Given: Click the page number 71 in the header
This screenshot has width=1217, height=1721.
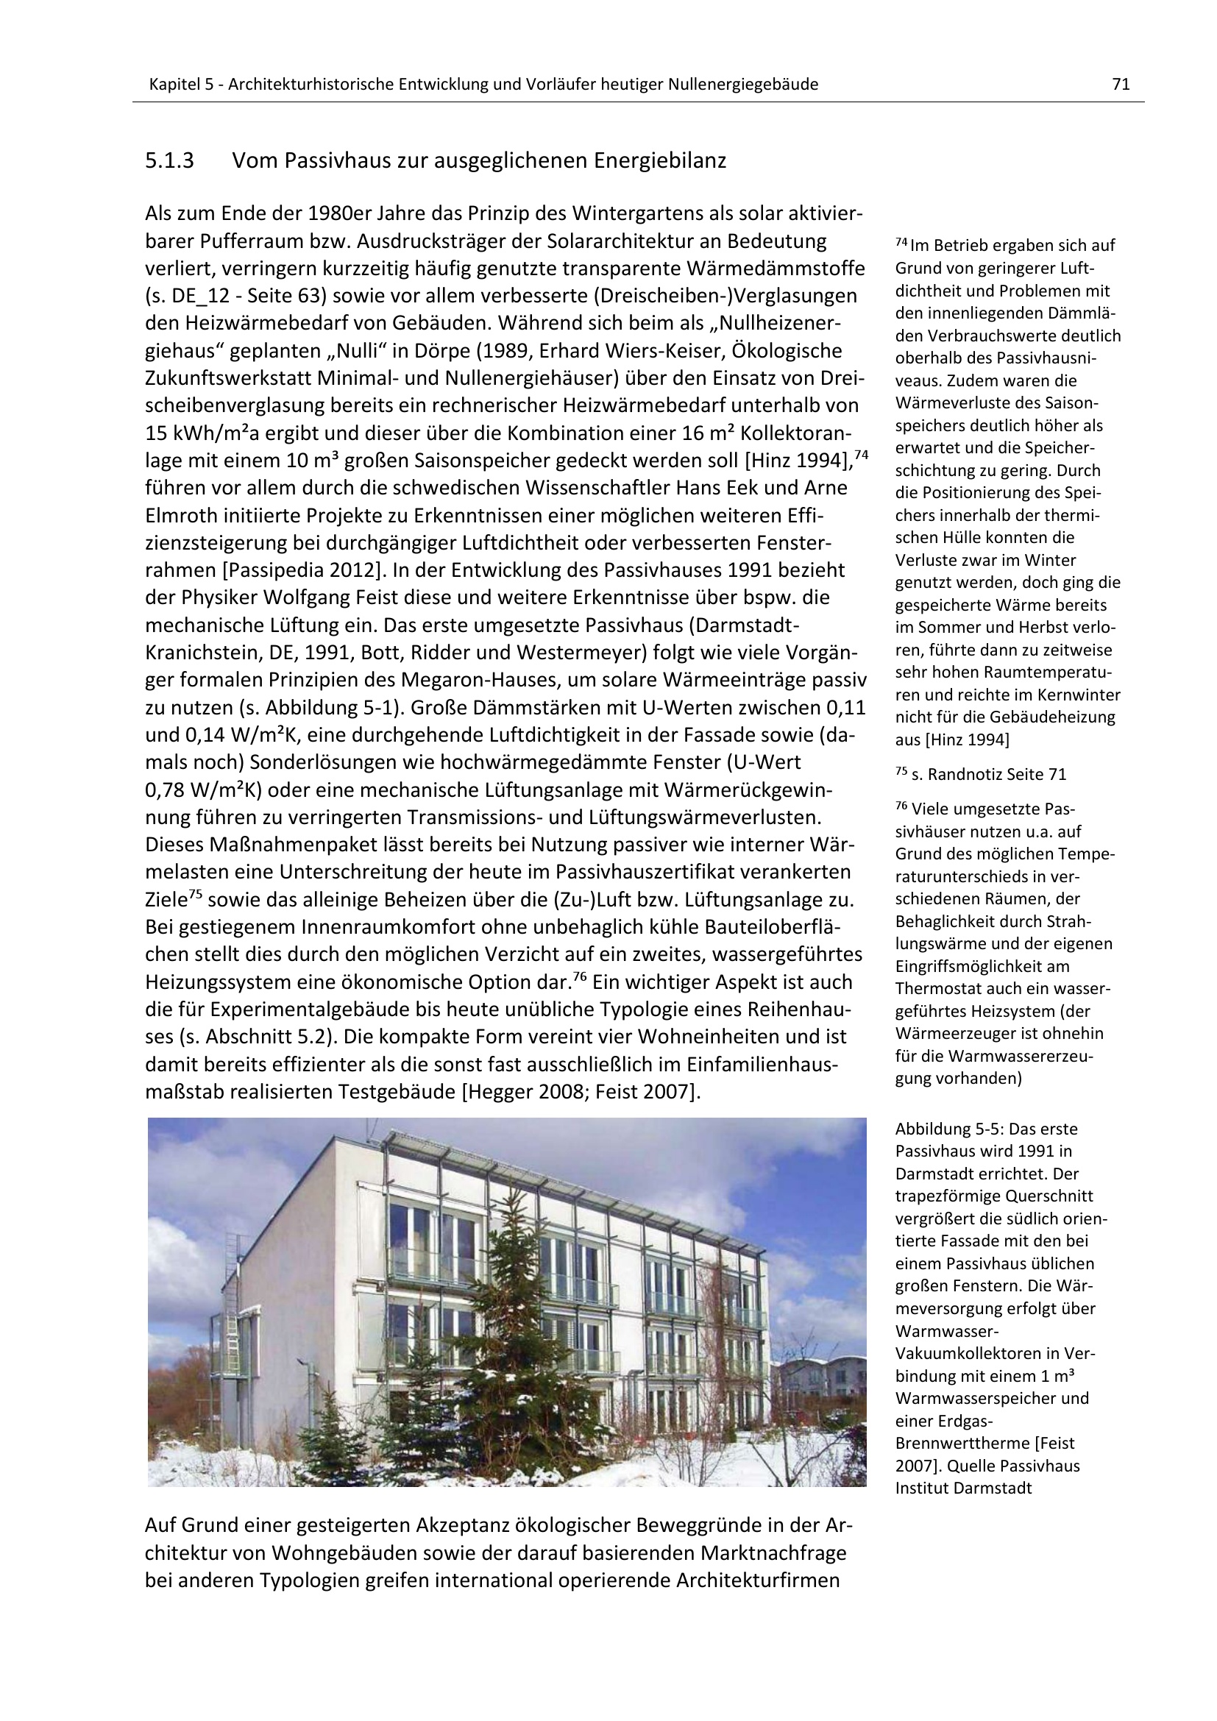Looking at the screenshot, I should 1121,85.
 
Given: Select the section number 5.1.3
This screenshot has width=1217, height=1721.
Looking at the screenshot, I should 169,161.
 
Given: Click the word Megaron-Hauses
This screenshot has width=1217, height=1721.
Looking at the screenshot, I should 475,680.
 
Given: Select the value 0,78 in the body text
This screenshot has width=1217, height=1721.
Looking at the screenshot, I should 166,790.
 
